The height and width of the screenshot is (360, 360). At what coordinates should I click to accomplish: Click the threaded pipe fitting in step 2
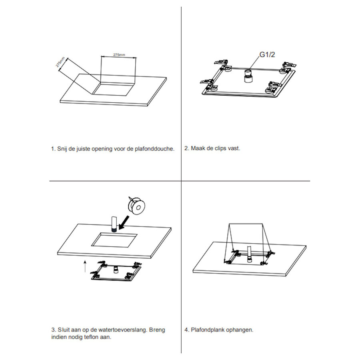[248, 76]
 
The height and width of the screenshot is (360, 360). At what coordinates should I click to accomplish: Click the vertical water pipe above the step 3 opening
[113, 224]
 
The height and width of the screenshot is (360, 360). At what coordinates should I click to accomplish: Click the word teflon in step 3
[90, 337]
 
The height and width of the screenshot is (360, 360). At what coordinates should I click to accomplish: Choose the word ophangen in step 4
[240, 330]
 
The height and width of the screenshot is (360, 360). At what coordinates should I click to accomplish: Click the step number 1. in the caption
[52, 148]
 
